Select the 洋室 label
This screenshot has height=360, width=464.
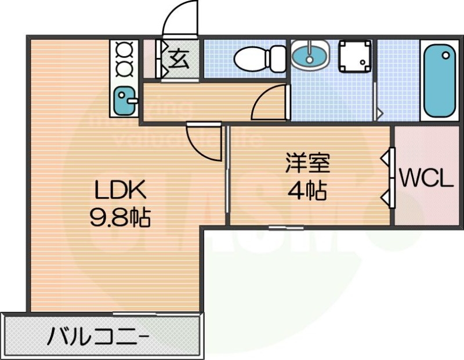click(x=307, y=164)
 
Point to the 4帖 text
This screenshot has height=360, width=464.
click(x=307, y=191)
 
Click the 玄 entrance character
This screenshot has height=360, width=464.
click(x=179, y=59)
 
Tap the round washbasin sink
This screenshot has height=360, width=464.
click(x=310, y=55)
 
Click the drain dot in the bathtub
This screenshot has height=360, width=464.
click(x=445, y=56)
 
